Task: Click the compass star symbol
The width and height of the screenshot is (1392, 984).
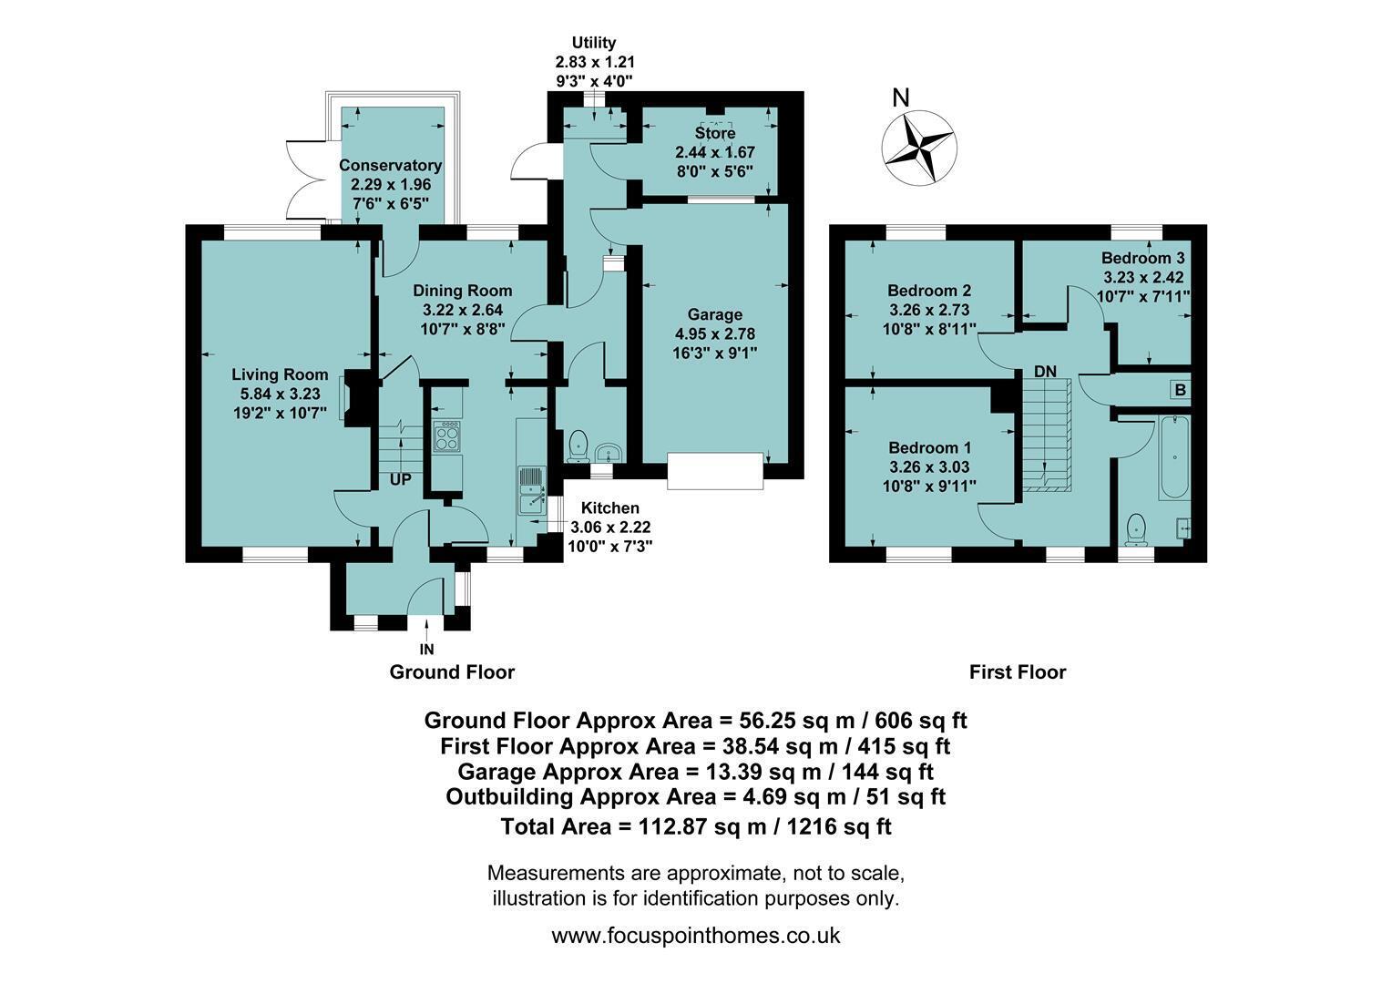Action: point(919,148)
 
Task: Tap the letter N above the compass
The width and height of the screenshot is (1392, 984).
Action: point(900,97)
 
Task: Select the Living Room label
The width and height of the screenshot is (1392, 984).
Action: point(280,374)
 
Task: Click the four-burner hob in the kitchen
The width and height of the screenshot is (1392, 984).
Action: point(447,436)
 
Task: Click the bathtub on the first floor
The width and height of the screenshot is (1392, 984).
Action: point(1174,458)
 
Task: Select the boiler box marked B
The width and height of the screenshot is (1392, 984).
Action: point(1181,390)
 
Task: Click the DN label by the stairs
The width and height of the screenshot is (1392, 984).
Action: point(1045,371)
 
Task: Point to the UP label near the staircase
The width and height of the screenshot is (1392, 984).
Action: point(400,480)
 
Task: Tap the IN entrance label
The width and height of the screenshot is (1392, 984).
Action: point(427,650)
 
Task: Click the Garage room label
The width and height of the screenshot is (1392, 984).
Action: point(714,314)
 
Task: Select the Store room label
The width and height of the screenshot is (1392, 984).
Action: point(714,133)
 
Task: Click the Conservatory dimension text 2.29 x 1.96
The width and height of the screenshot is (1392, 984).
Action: point(391,185)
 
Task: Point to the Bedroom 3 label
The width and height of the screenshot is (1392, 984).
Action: point(1143,257)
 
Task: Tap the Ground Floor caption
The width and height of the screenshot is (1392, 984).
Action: point(453,672)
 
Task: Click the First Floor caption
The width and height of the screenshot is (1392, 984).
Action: point(1018,672)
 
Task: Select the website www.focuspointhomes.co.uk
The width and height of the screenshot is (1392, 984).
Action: point(696,936)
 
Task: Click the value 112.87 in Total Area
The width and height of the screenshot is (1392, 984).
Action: point(674,826)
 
